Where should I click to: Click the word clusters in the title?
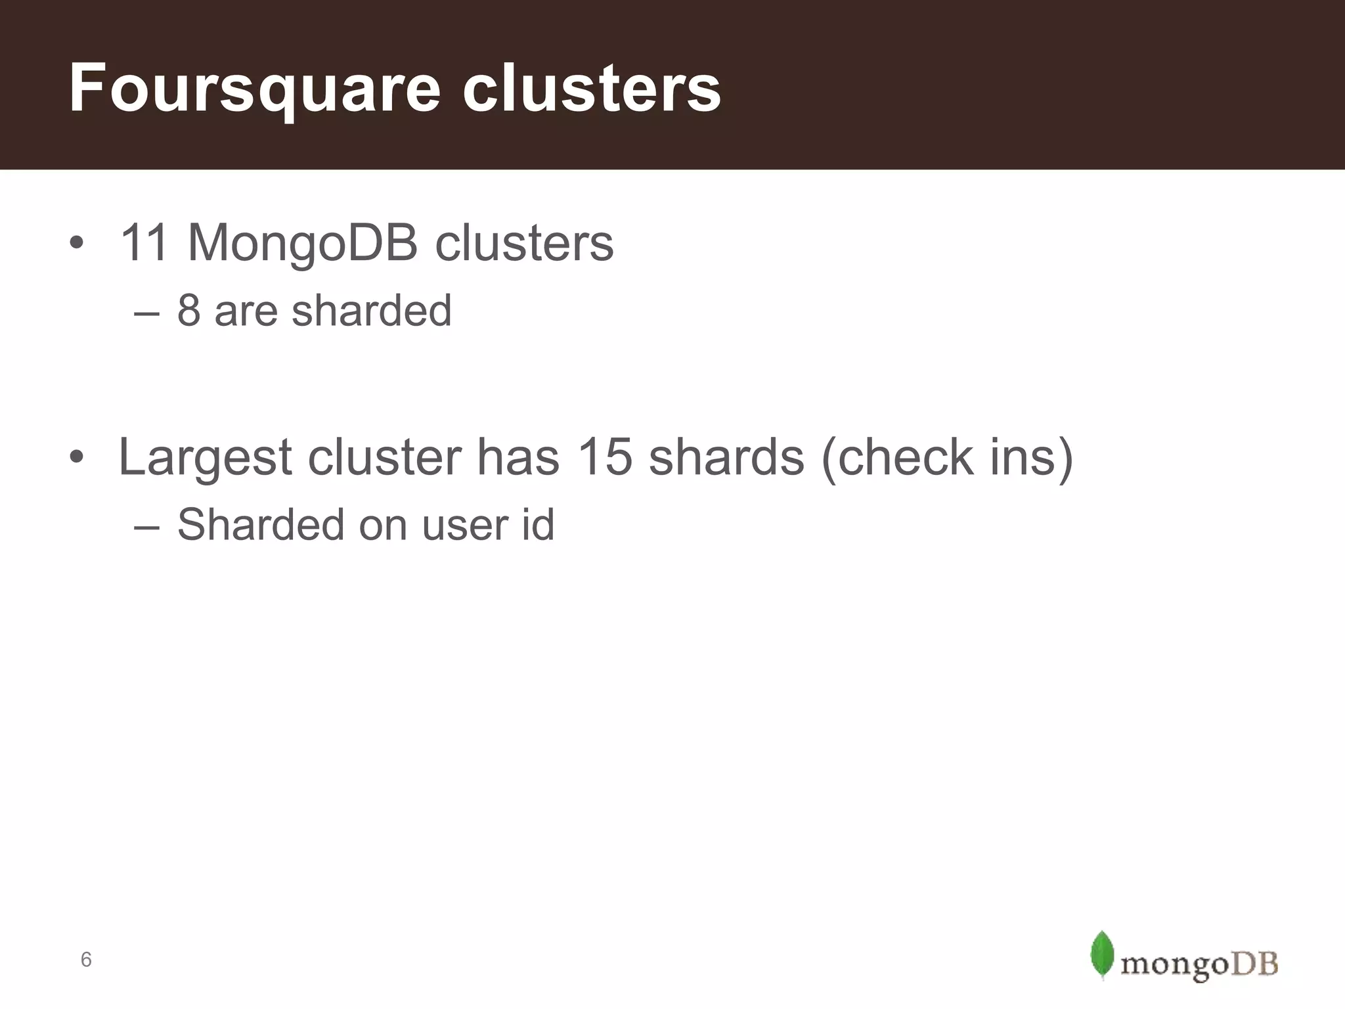pyautogui.click(x=591, y=89)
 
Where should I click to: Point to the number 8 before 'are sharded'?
pyautogui.click(x=188, y=310)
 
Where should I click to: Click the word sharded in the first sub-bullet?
pyautogui.click(x=372, y=310)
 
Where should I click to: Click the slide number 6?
pyautogui.click(x=86, y=960)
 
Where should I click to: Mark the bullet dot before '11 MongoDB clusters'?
pyautogui.click(x=76, y=243)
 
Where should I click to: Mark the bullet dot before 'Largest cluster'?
pyautogui.click(x=76, y=457)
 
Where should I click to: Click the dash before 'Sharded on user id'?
pyautogui.click(x=146, y=527)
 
